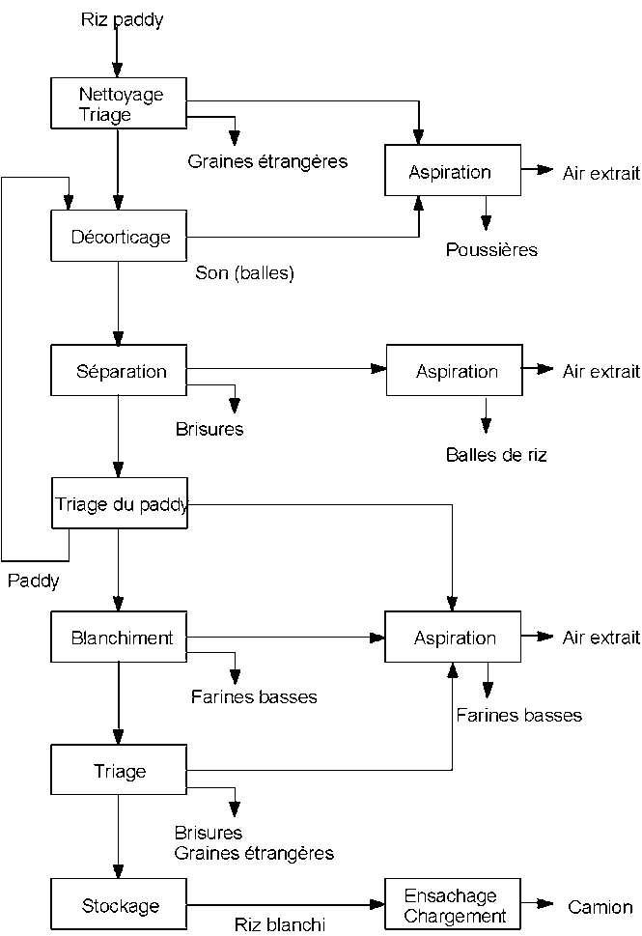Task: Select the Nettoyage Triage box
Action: (120, 103)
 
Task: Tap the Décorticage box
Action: (120, 237)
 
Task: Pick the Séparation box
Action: (120, 371)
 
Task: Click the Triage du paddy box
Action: (120, 504)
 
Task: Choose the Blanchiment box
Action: (120, 638)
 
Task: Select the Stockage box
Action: (120, 905)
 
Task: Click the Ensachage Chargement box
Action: (454, 905)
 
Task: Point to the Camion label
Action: (600, 906)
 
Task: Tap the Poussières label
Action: (491, 250)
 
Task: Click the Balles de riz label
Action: (496, 454)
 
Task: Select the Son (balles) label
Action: (244, 273)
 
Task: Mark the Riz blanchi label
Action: (280, 923)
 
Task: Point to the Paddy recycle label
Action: (33, 581)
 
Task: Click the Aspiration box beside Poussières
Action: (453, 172)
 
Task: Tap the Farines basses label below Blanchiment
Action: (254, 695)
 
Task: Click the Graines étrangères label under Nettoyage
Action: (267, 160)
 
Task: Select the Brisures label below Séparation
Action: (209, 429)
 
